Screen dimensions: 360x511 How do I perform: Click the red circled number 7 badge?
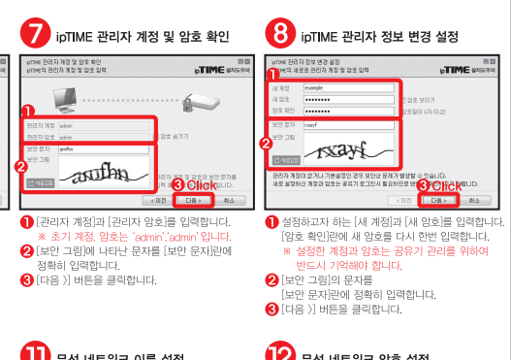click(35, 35)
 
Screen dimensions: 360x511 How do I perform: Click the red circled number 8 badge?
click(281, 35)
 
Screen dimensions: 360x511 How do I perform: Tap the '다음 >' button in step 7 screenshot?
click(190, 201)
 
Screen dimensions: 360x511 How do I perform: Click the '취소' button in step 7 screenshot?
click(227, 201)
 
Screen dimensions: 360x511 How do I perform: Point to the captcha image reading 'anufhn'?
click(102, 174)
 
